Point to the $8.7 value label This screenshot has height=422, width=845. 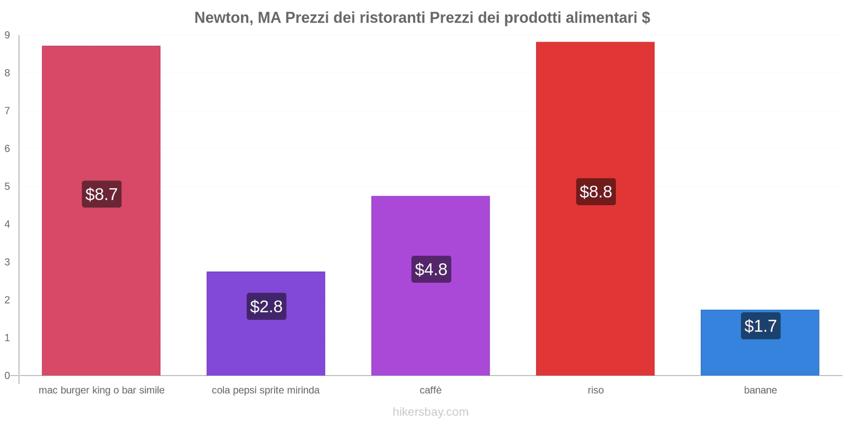101,194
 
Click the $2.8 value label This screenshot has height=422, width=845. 266,306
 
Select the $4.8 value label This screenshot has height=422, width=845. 431,270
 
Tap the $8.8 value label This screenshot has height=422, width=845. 596,191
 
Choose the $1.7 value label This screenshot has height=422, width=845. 760,326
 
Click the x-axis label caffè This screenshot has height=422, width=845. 430,390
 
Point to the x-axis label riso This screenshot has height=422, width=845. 596,390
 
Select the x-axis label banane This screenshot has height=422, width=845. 760,390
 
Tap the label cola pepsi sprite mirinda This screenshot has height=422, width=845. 266,390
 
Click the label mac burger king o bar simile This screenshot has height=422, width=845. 101,390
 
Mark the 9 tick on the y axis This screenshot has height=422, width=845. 7,35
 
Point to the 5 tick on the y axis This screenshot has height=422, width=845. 7,187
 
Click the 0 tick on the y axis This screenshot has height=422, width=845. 7,376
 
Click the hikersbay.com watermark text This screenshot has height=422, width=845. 430,412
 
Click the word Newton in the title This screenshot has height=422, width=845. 221,18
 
